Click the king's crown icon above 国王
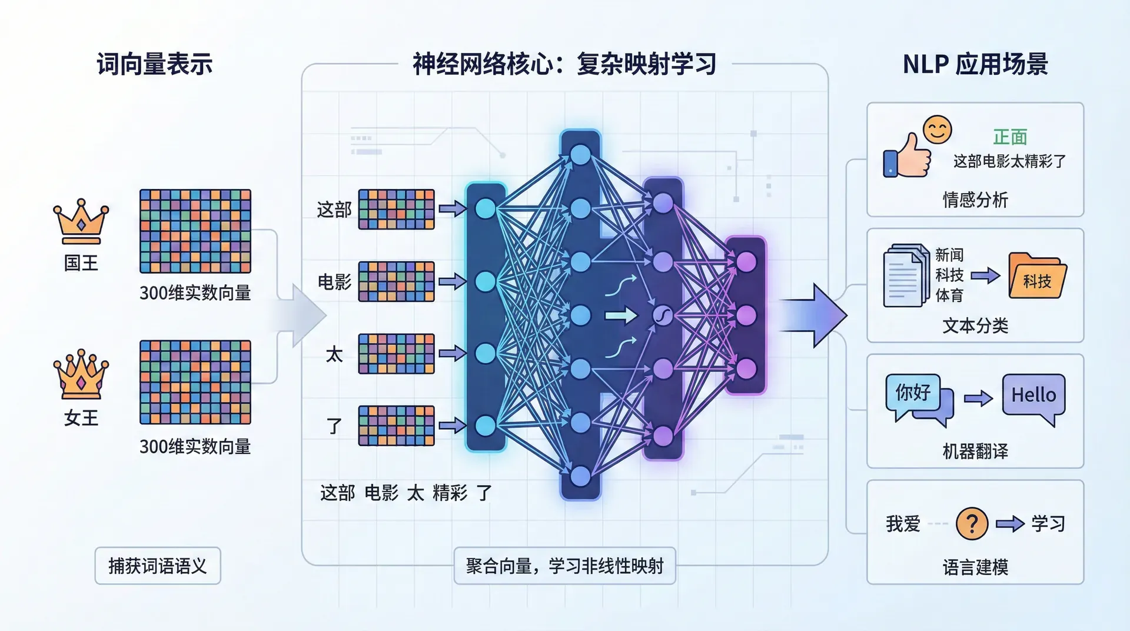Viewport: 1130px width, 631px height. tap(81, 221)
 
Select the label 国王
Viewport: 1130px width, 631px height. tap(81, 263)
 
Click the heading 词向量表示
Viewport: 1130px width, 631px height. tap(155, 64)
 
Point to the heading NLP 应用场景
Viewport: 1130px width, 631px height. tap(975, 64)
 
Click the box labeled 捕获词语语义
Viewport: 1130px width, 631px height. tap(158, 566)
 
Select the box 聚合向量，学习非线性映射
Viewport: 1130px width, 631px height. tap(564, 566)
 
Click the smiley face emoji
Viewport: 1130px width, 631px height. tap(937, 129)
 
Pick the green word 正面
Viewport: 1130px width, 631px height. tap(1010, 137)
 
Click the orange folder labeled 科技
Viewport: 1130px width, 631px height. tap(1037, 277)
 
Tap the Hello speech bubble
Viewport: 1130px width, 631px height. tap(1033, 396)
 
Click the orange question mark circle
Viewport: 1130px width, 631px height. tap(972, 523)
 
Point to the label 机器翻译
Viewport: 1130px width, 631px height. tap(975, 451)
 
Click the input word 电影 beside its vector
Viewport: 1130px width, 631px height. tap(334, 282)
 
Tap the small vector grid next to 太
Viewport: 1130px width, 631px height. tap(396, 354)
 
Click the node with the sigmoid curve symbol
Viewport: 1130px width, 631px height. tap(663, 315)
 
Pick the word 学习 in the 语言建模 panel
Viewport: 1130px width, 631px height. tap(1048, 523)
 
